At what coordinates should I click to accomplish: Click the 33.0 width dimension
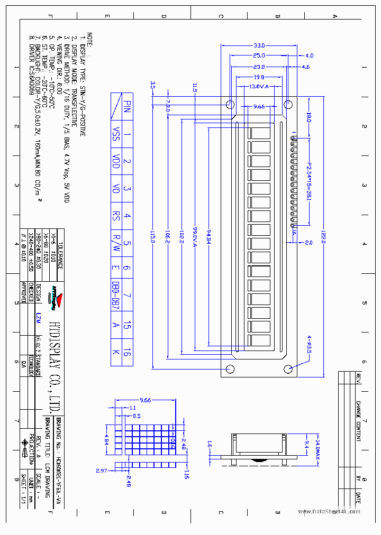click(x=259, y=46)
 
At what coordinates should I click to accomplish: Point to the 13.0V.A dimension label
click(x=258, y=86)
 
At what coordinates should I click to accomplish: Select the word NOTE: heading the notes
click(x=90, y=40)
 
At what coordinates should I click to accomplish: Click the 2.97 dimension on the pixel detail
click(x=102, y=470)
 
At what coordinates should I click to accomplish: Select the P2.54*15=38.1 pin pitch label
click(x=309, y=179)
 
